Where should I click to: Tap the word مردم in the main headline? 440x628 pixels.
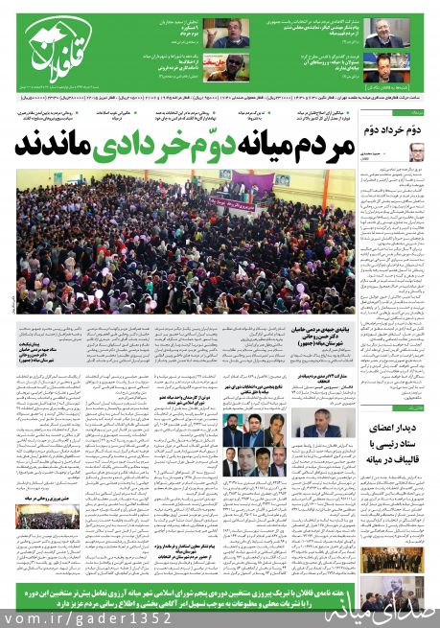tap(359, 150)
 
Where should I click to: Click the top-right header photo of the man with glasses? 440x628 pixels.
tap(389, 34)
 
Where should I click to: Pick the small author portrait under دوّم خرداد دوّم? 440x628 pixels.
tap(418, 152)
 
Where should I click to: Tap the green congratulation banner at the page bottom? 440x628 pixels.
tap(220, 592)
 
